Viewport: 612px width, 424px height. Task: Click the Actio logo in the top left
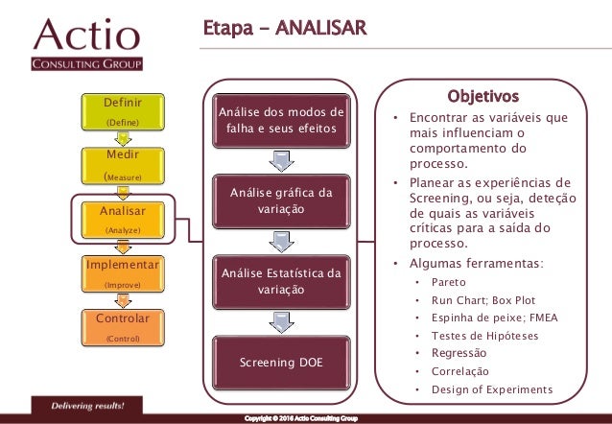87,44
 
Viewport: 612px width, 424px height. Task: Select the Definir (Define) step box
122,111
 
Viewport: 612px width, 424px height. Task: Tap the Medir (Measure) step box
122,164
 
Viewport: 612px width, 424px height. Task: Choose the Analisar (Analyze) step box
122,218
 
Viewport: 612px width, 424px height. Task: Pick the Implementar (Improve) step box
122,272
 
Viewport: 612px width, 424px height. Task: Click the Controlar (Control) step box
122,326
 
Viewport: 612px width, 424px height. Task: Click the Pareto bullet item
449,283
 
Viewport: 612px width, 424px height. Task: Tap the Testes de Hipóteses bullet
485,336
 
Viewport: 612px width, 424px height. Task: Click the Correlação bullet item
461,371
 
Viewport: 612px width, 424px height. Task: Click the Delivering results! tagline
87,406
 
